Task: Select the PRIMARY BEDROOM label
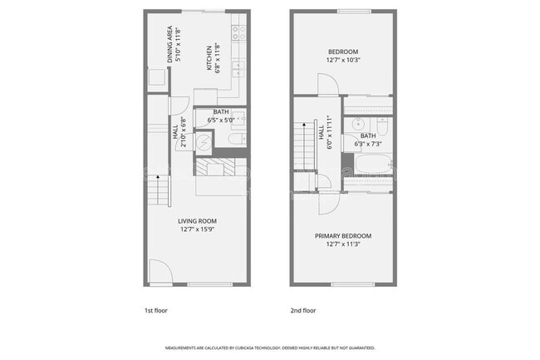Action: coord(343,236)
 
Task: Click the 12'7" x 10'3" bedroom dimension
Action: coord(343,60)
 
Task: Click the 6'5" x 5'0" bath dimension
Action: coord(222,120)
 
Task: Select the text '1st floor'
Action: coord(155,310)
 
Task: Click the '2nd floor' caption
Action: coord(302,310)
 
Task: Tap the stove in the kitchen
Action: coord(237,32)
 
